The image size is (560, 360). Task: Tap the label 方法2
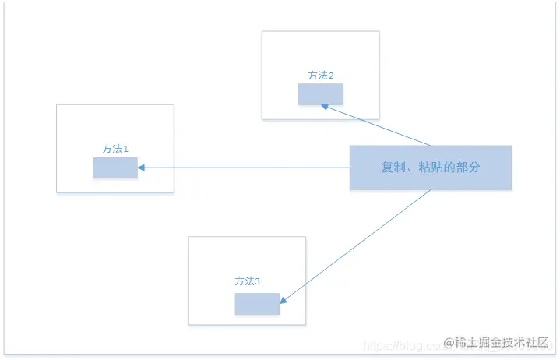point(321,76)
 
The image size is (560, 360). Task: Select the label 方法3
point(247,281)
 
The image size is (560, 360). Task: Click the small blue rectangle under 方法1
point(114,168)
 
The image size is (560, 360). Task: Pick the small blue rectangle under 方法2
point(320,94)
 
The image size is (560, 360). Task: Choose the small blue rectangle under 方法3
point(257,304)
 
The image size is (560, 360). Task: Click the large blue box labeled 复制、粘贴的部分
point(430,168)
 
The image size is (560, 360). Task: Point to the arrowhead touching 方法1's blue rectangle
point(142,168)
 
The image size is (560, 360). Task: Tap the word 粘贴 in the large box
point(428,168)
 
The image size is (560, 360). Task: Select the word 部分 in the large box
point(475,168)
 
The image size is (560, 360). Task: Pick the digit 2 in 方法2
point(332,76)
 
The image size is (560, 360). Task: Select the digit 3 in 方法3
point(258,281)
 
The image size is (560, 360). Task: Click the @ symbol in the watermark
point(449,343)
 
